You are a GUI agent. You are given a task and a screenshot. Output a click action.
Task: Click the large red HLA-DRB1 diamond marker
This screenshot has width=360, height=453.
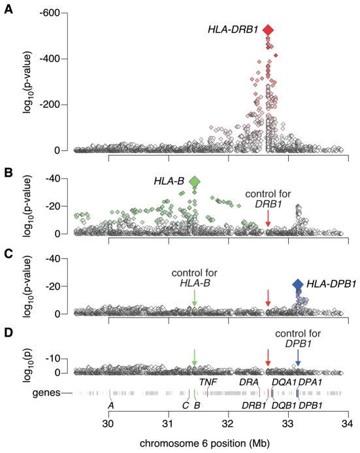tap(268, 30)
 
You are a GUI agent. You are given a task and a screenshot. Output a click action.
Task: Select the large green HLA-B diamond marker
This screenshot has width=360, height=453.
tap(194, 181)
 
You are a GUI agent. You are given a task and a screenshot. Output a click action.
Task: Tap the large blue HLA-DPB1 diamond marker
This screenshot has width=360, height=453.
tap(298, 284)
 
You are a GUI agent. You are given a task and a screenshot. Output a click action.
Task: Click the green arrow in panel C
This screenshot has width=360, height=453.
tap(194, 298)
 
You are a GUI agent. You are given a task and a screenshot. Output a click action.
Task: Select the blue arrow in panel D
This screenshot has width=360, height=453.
tap(298, 357)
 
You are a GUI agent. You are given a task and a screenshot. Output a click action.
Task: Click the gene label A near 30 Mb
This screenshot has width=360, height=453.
tap(111, 405)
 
